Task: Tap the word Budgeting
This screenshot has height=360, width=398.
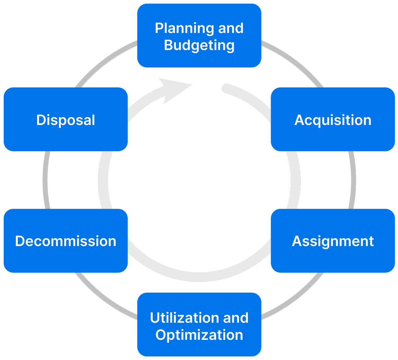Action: coord(199,45)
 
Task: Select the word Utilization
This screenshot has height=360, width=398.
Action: coord(182,318)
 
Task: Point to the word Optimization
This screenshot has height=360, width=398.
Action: coord(199,335)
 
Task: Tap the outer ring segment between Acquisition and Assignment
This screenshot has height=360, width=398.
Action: coord(353,180)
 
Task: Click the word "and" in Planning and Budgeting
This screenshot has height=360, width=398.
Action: coord(231,28)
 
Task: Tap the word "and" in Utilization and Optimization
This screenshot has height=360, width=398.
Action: coord(236,318)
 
